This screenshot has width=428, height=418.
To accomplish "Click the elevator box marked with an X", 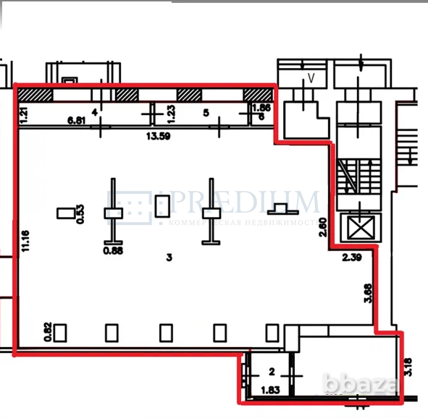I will point(361,229).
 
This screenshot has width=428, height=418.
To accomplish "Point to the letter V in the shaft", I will point(311,78).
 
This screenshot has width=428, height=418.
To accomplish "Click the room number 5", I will point(206,113).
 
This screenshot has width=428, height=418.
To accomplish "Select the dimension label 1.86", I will point(261,108).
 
